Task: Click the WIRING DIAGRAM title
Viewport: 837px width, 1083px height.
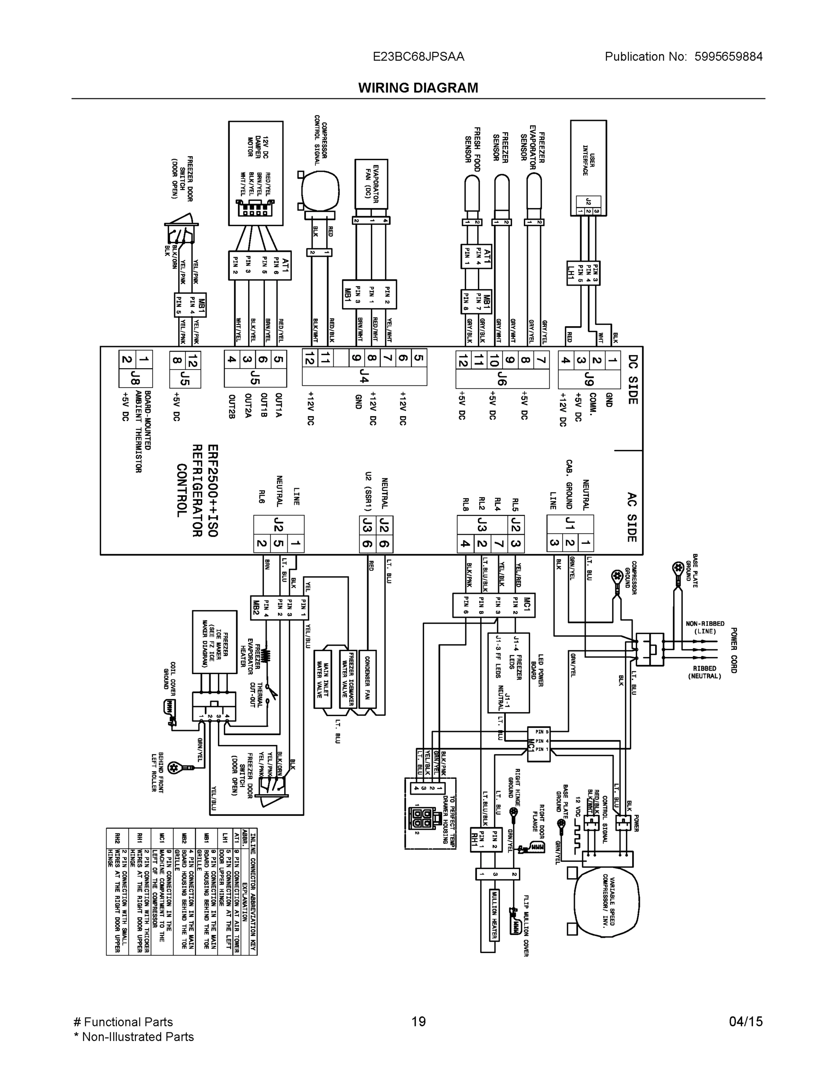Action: pos(418,88)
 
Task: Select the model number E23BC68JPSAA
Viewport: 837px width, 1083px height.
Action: pos(419,56)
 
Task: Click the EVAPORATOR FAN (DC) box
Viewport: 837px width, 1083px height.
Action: pos(371,184)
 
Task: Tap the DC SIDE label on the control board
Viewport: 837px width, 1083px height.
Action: pos(633,380)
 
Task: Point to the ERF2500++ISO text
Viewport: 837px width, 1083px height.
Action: pos(212,491)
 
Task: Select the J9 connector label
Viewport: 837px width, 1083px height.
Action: pos(589,380)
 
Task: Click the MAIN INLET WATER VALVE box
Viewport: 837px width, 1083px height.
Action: pos(323,679)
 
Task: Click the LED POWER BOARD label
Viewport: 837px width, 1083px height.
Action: pos(537,670)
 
